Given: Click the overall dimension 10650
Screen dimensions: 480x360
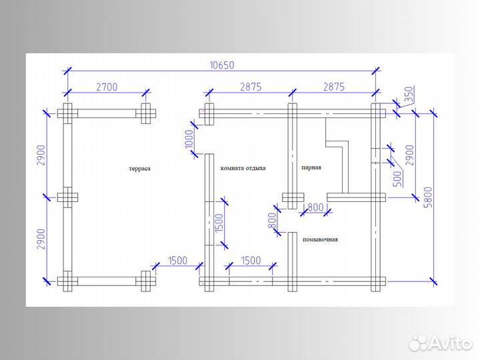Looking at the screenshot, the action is (222, 65).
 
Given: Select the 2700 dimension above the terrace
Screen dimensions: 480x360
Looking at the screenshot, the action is (107, 87).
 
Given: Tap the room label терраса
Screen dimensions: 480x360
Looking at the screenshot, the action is (140, 169).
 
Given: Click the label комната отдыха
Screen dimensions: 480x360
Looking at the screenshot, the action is (243, 168).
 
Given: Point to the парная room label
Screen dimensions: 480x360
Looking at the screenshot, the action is (311, 167).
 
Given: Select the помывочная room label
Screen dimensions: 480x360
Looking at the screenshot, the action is (320, 239).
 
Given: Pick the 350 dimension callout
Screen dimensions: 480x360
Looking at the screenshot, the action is (409, 94).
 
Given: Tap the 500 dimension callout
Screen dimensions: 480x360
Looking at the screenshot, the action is (397, 179).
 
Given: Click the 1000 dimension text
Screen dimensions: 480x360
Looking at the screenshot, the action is (189, 139).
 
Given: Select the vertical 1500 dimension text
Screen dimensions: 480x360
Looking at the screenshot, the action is (219, 223).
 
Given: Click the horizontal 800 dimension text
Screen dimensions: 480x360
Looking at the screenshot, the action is (315, 207).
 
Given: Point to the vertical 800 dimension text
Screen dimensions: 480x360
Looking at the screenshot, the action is (272, 221).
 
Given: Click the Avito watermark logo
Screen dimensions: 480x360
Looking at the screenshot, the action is (441, 343).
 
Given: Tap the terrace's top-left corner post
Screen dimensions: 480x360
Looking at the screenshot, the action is (67, 113).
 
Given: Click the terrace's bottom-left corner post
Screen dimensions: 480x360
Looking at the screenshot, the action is (67, 281).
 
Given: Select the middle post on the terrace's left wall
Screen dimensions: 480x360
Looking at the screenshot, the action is (67, 197).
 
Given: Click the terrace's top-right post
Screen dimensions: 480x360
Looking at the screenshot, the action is (146, 113).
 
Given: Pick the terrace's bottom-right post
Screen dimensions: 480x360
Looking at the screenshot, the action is (146, 281).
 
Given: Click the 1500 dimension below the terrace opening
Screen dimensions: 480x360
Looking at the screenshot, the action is (177, 261).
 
